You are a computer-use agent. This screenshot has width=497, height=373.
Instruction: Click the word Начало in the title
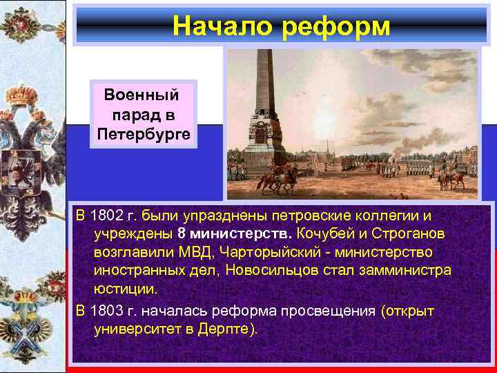coord(217,26)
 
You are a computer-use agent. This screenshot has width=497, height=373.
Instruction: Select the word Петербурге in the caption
coord(143,132)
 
